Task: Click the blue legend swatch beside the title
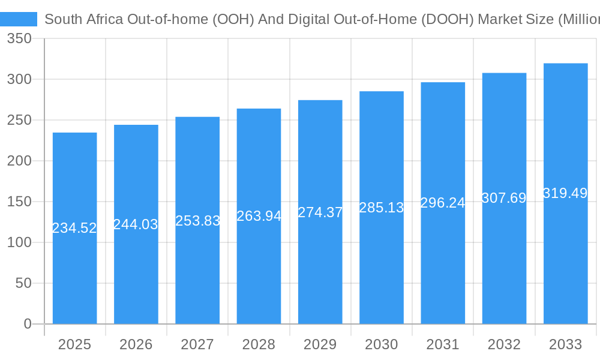[19, 19]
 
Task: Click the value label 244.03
[136, 224]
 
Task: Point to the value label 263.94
[259, 216]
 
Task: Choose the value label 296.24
[443, 203]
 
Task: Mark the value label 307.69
[504, 198]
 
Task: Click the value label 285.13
[382, 208]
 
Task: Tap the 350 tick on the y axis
[19, 39]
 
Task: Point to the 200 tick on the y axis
[19, 161]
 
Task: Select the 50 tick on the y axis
[23, 283]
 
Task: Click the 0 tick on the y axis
[28, 324]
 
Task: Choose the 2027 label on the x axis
[197, 344]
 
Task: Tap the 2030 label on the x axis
[382, 344]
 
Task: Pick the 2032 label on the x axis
[504, 344]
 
